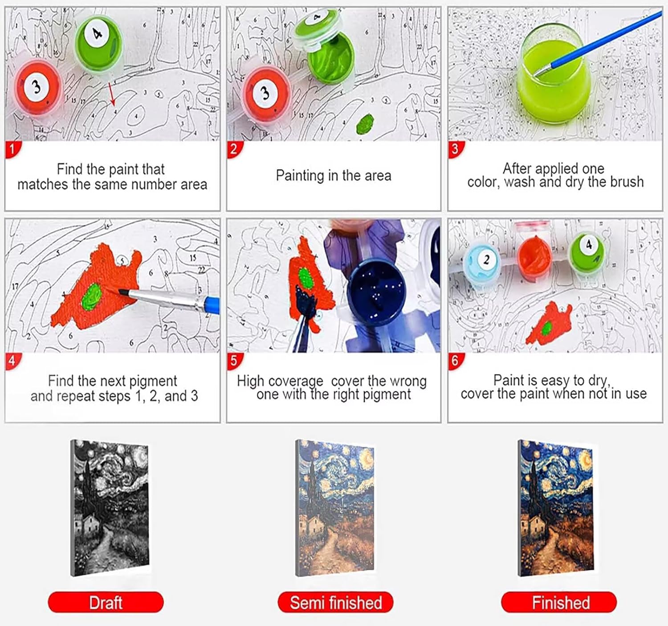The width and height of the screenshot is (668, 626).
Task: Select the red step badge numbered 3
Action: click(x=456, y=149)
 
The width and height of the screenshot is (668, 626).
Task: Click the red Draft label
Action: click(x=106, y=602)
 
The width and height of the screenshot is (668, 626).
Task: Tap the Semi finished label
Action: click(x=335, y=602)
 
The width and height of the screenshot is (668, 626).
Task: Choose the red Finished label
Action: click(x=559, y=602)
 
